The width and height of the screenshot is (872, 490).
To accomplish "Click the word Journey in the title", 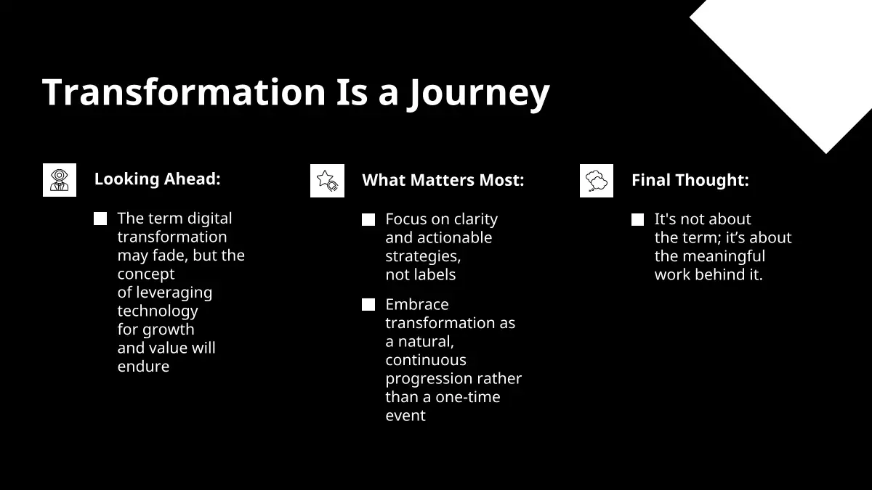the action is [478, 94].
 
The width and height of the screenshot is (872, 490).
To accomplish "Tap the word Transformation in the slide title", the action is [184, 91].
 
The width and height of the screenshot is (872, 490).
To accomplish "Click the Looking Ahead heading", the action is [157, 179].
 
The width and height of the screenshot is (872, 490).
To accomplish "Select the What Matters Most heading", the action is [443, 180].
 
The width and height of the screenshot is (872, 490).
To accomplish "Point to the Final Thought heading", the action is [690, 180].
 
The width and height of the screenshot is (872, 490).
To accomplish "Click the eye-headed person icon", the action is [60, 180].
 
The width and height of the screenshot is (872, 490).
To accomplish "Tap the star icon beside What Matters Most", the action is [328, 181].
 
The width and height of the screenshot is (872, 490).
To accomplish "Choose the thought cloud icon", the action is [597, 181].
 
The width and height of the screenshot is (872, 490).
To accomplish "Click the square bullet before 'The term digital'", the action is [100, 219].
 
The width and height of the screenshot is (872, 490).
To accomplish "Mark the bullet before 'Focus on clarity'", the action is [368, 219].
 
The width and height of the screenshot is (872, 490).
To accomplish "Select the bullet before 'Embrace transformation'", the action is [368, 304].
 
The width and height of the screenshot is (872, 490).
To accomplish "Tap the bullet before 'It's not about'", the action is [638, 219].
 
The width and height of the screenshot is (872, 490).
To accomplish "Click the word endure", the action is [143, 367].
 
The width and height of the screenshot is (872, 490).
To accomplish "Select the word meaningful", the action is [724, 257].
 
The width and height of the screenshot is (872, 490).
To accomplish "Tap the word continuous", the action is [426, 360].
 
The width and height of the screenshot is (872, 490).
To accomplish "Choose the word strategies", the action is [423, 257].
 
